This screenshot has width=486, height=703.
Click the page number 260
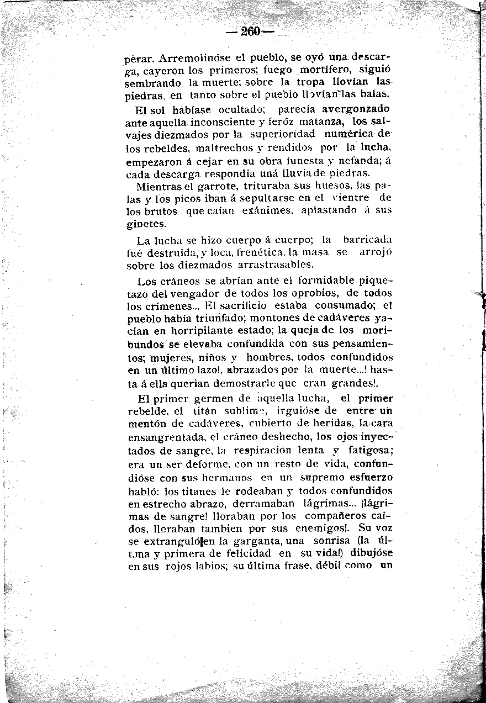coord(250,32)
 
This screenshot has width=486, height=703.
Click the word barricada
coord(367,240)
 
